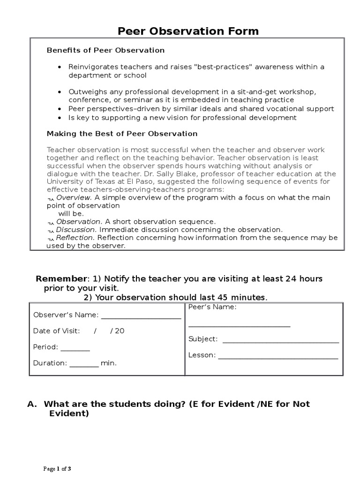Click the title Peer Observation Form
187,31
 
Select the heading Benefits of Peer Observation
105,50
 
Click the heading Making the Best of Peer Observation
122,134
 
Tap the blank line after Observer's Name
141,318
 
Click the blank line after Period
75,350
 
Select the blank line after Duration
84,366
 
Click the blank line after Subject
280,342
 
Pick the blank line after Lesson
278,358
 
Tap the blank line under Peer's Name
239,325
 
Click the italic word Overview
73,198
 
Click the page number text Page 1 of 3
57,468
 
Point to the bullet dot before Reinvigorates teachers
59,67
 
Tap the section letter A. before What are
32,404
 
